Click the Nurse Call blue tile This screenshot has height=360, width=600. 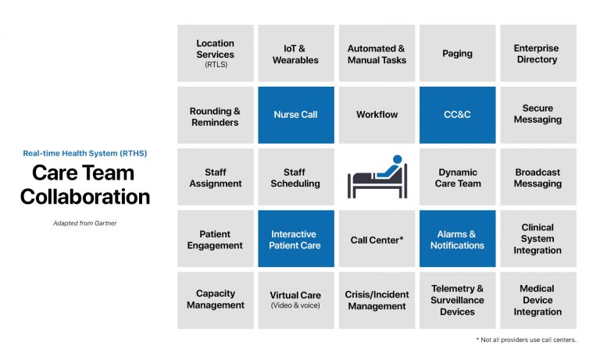tap(296, 115)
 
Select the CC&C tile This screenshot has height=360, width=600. tap(457, 115)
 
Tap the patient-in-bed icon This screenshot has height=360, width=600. tap(377, 177)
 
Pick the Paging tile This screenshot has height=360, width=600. tap(457, 53)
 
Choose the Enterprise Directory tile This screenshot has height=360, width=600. tap(537, 53)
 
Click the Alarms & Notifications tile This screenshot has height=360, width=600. tap(457, 239)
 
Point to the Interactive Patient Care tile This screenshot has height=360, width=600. tap(296, 239)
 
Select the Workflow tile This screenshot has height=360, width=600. tap(377, 115)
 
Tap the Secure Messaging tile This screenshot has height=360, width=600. tap(537, 115)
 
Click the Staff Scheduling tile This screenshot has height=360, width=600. tap(296, 177)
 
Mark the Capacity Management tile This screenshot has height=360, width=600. tap(216, 300)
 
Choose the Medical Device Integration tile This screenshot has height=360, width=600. tap(537, 300)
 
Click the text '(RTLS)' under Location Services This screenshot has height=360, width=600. tap(216, 65)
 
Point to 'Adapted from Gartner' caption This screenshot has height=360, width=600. tap(85, 223)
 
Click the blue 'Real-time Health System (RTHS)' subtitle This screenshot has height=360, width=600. tap(85, 153)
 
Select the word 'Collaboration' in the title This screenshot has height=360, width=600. tap(85, 196)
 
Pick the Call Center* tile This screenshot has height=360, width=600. tap(377, 240)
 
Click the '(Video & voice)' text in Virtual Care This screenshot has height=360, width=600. tap(296, 305)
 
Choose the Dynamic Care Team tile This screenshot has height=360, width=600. tap(457, 177)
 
